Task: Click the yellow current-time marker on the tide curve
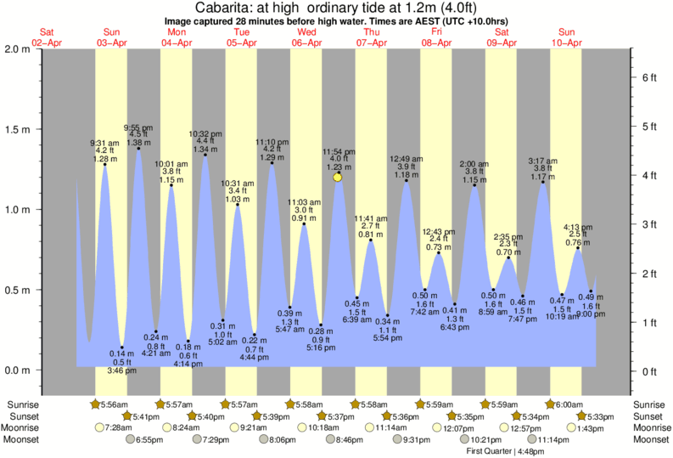[x=338, y=177]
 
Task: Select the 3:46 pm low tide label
[x=123, y=370]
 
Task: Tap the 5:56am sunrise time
[x=112, y=404]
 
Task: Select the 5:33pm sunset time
[x=599, y=416]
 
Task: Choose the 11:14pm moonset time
[x=549, y=439]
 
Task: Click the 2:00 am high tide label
[x=474, y=163]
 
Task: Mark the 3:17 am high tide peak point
[x=543, y=182]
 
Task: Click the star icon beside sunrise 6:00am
[x=550, y=404]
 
